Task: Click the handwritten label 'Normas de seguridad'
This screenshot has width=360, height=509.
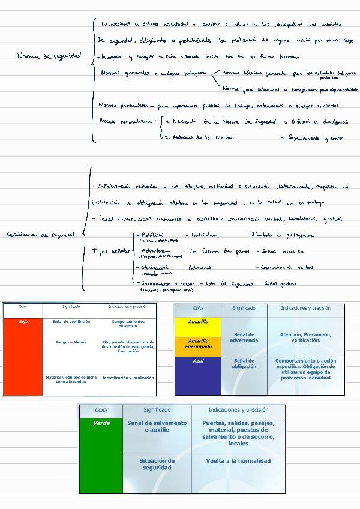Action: pyautogui.click(x=49, y=56)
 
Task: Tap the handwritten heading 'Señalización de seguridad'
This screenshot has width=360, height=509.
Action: pyautogui.click(x=40, y=235)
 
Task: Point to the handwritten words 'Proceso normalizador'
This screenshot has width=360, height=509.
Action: pyautogui.click(x=127, y=121)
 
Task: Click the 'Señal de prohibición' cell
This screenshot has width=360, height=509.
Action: pyautogui.click(x=71, y=322)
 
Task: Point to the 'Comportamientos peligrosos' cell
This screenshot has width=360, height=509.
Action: pyautogui.click(x=128, y=324)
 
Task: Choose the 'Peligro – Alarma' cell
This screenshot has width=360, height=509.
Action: pyautogui.click(x=71, y=342)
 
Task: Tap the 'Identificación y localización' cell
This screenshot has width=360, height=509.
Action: pyautogui.click(x=128, y=378)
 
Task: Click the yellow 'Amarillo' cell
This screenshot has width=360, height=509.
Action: pyautogui.click(x=198, y=327)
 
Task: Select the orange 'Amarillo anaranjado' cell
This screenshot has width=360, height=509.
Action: pyautogui.click(x=198, y=346)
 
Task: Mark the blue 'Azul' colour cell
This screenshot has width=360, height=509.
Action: pyautogui.click(x=198, y=376)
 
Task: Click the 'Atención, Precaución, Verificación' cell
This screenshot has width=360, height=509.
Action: pyautogui.click(x=305, y=337)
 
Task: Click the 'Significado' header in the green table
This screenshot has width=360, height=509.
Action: pyautogui.click(x=157, y=410)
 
